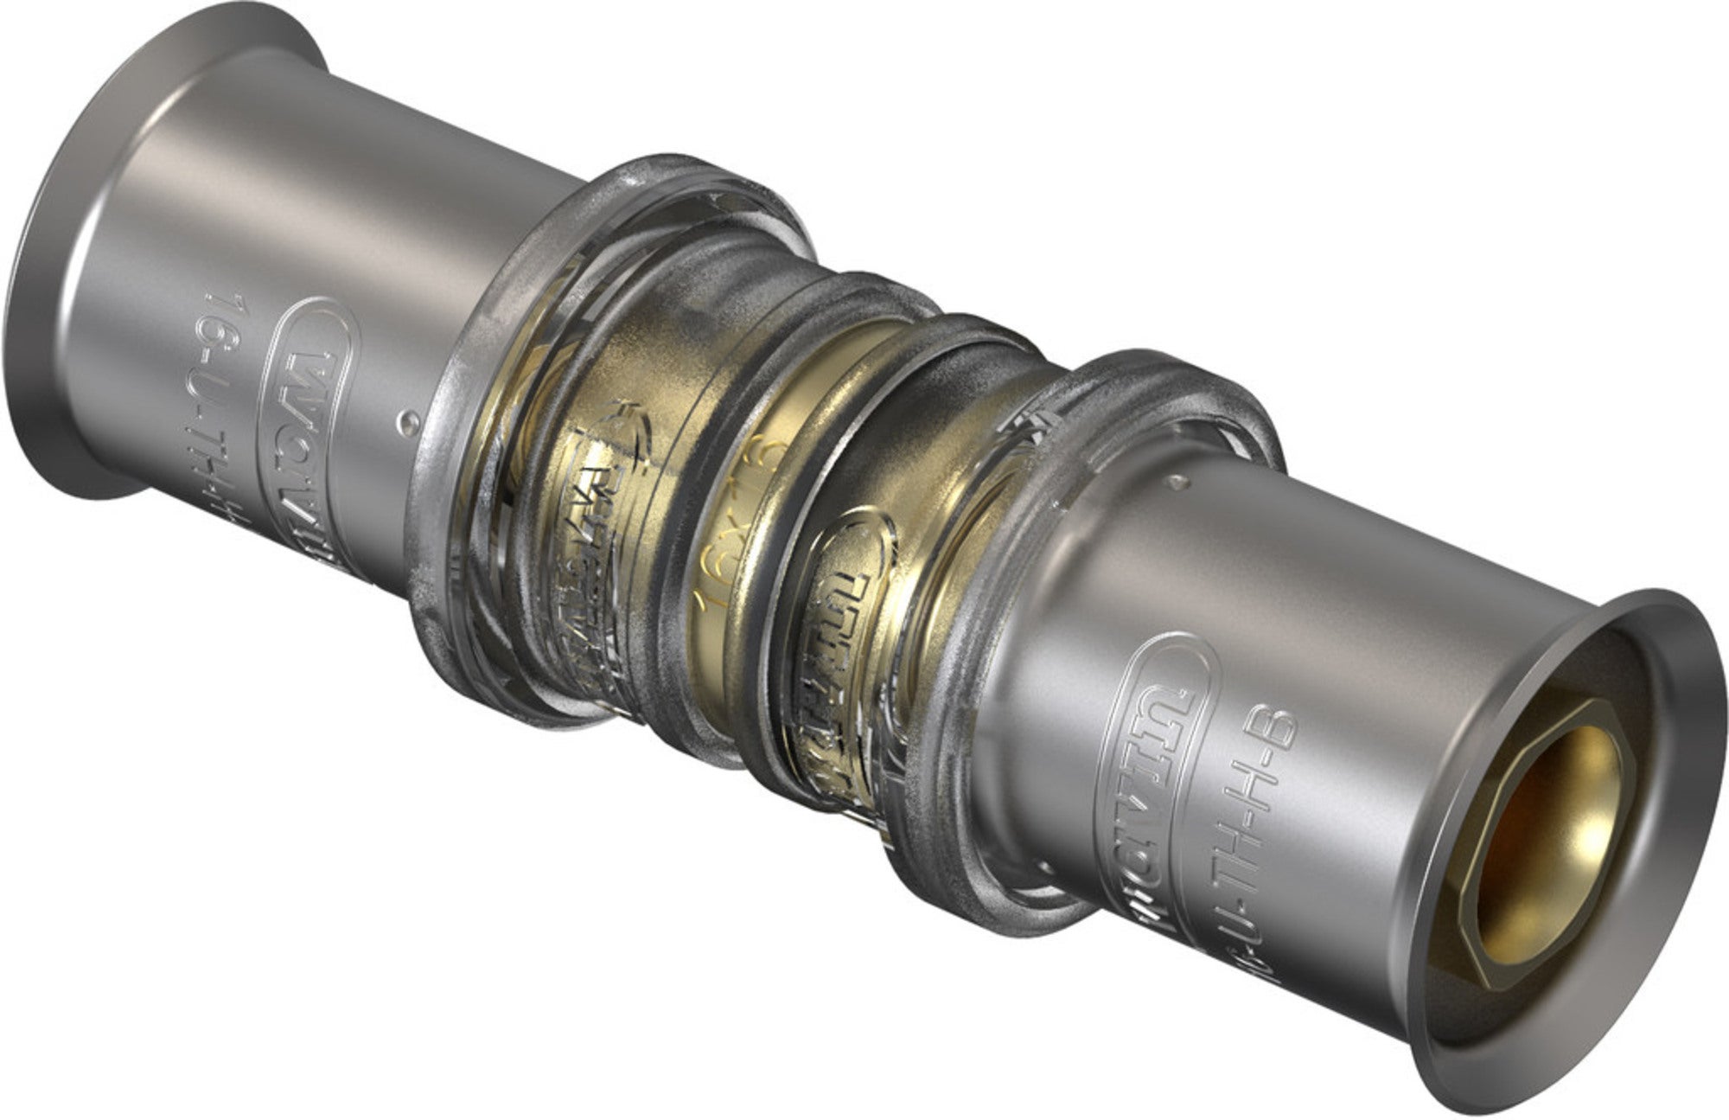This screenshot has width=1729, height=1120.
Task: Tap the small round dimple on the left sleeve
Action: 408,422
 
